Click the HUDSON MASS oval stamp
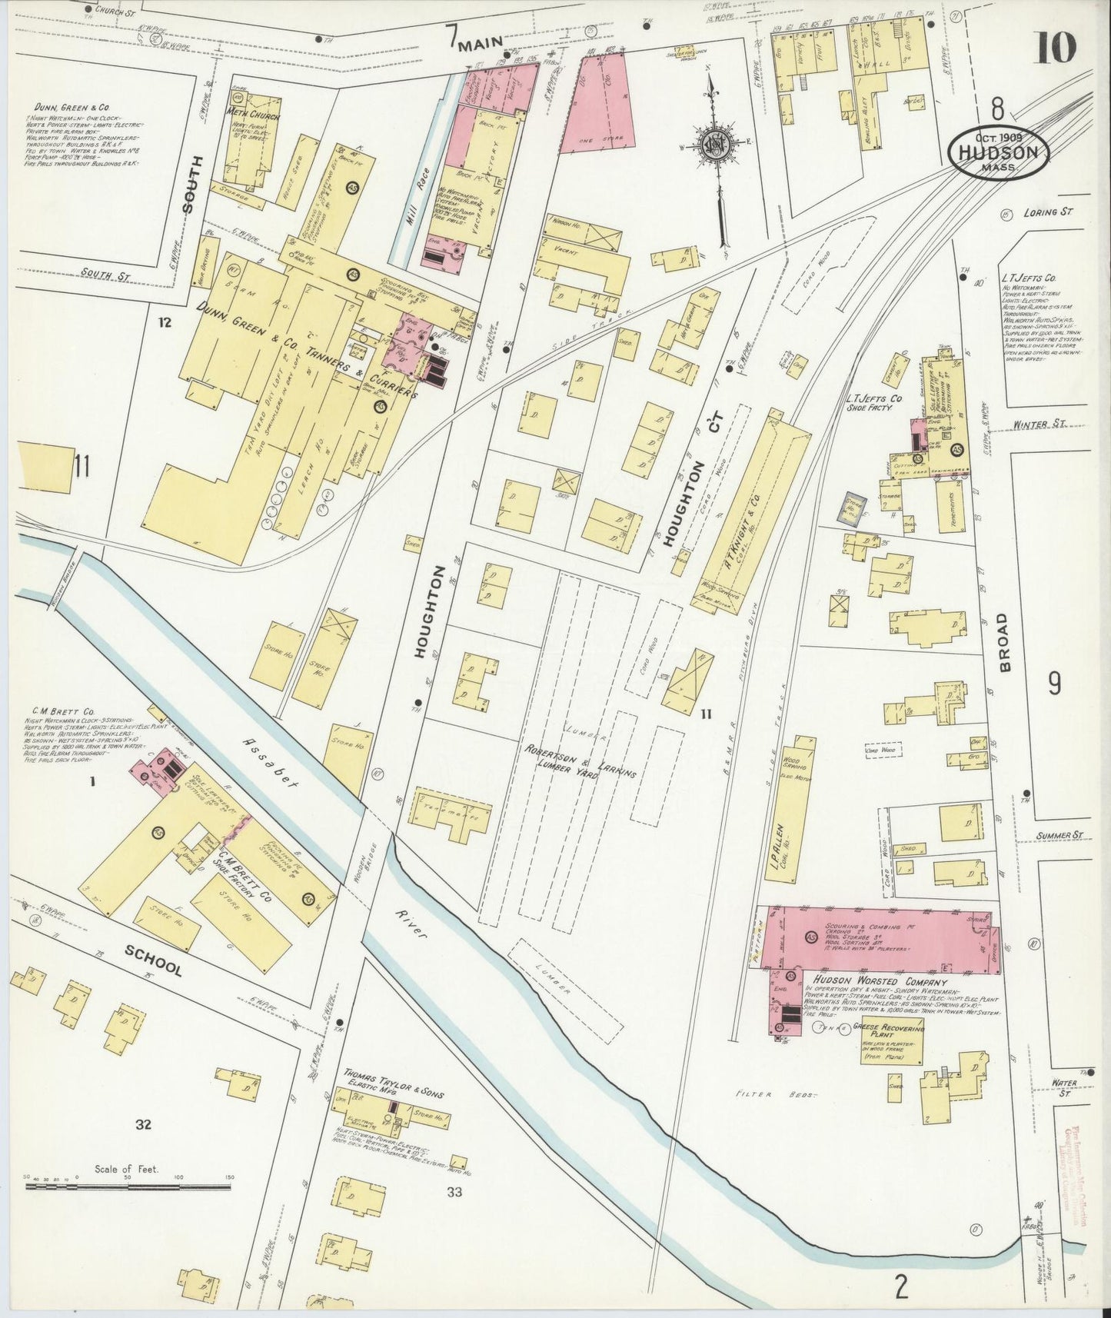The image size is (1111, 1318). click(999, 151)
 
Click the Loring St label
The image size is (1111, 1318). click(1046, 211)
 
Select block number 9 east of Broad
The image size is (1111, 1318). click(1054, 681)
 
